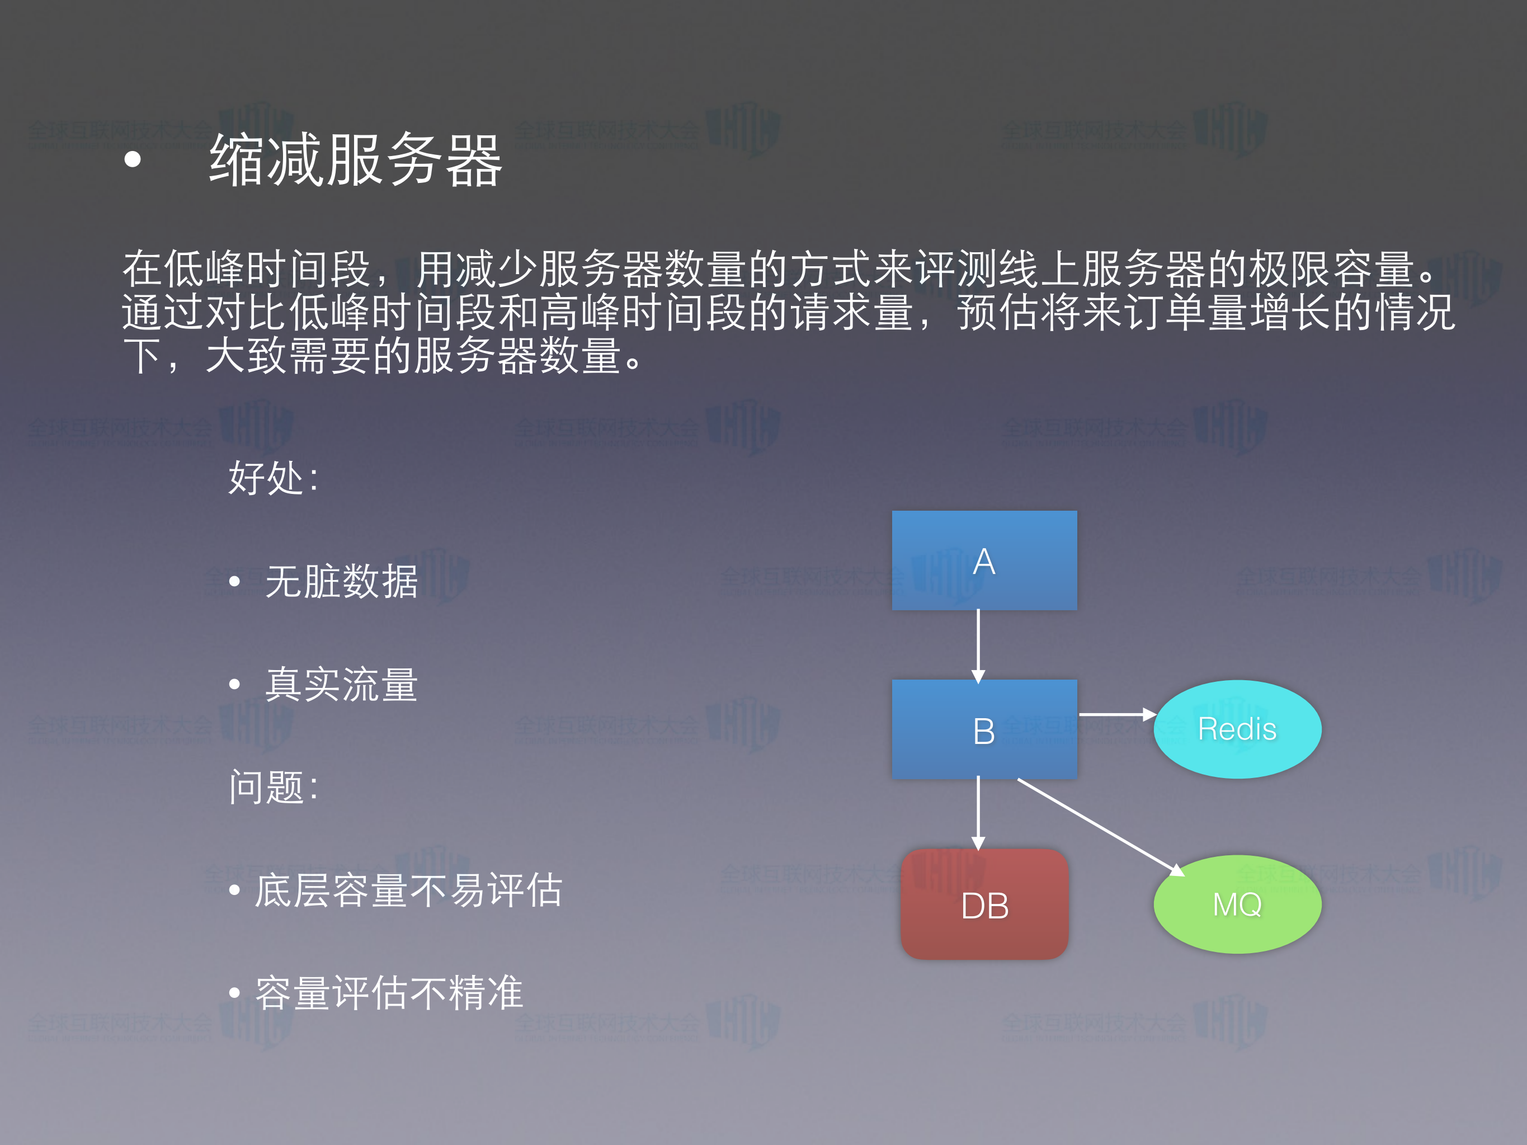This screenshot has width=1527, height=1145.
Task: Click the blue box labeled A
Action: click(x=984, y=560)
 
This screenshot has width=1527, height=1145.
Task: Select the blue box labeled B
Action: click(x=984, y=729)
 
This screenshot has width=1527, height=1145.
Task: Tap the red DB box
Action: click(x=984, y=904)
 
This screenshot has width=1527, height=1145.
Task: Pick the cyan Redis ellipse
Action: click(x=1237, y=729)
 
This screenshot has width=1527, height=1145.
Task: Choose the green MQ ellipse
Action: click(x=1237, y=904)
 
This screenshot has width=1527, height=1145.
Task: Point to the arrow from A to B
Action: click(x=978, y=645)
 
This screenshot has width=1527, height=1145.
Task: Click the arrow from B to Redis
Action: click(x=1115, y=714)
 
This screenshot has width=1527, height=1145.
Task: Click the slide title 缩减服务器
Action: click(x=356, y=160)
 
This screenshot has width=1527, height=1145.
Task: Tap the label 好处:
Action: click(x=274, y=478)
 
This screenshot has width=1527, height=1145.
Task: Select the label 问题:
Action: click(x=274, y=787)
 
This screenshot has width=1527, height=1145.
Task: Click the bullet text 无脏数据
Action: click(x=342, y=581)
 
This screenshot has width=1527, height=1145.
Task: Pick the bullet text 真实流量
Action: click(x=342, y=684)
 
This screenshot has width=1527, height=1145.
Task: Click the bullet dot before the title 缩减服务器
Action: click(x=133, y=160)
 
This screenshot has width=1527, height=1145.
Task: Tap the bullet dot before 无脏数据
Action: click(x=235, y=581)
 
